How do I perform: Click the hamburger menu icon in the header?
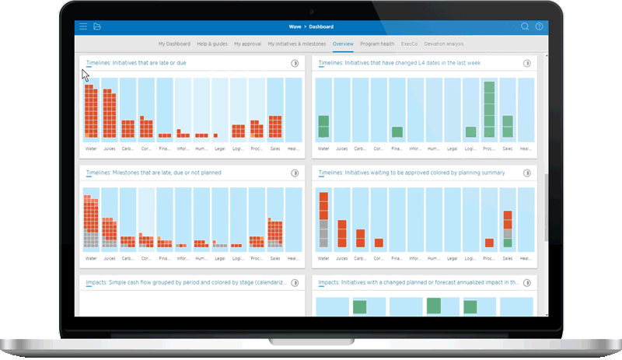83,26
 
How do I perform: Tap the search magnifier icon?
525,26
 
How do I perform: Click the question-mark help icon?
539,26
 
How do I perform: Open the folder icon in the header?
97,26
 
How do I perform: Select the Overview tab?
343,44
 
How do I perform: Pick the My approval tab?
248,44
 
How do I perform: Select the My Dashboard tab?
174,44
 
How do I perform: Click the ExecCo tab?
409,44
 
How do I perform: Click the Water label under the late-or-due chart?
91,148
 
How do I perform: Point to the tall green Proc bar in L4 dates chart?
489,109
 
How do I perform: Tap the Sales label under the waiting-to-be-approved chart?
508,257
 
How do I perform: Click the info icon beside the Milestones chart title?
295,173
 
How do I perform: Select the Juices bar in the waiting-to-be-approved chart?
341,233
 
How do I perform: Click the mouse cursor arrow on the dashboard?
86,75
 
